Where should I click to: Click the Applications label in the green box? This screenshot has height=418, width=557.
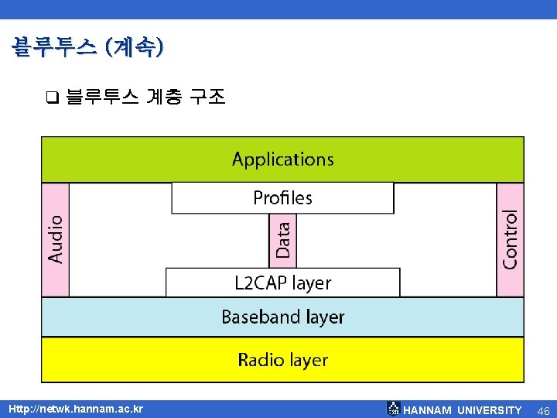coord(283,159)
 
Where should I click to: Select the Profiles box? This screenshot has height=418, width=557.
coord(282,198)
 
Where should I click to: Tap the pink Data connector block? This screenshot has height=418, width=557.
coord(283,240)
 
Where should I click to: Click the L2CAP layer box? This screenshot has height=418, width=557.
coord(282,283)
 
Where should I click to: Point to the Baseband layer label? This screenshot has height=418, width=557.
coord(282,317)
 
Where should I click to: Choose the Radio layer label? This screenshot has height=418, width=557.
coord(282,360)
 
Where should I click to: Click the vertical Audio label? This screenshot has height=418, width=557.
coord(56,238)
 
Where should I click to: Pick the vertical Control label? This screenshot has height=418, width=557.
coord(510,238)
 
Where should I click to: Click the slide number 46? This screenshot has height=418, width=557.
coord(543,410)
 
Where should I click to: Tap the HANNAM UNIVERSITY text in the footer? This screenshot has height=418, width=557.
coord(463,410)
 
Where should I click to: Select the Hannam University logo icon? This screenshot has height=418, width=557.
coord(393,409)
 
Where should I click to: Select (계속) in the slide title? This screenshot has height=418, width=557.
coord(138,47)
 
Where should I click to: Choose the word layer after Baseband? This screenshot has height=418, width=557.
coord(325,317)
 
